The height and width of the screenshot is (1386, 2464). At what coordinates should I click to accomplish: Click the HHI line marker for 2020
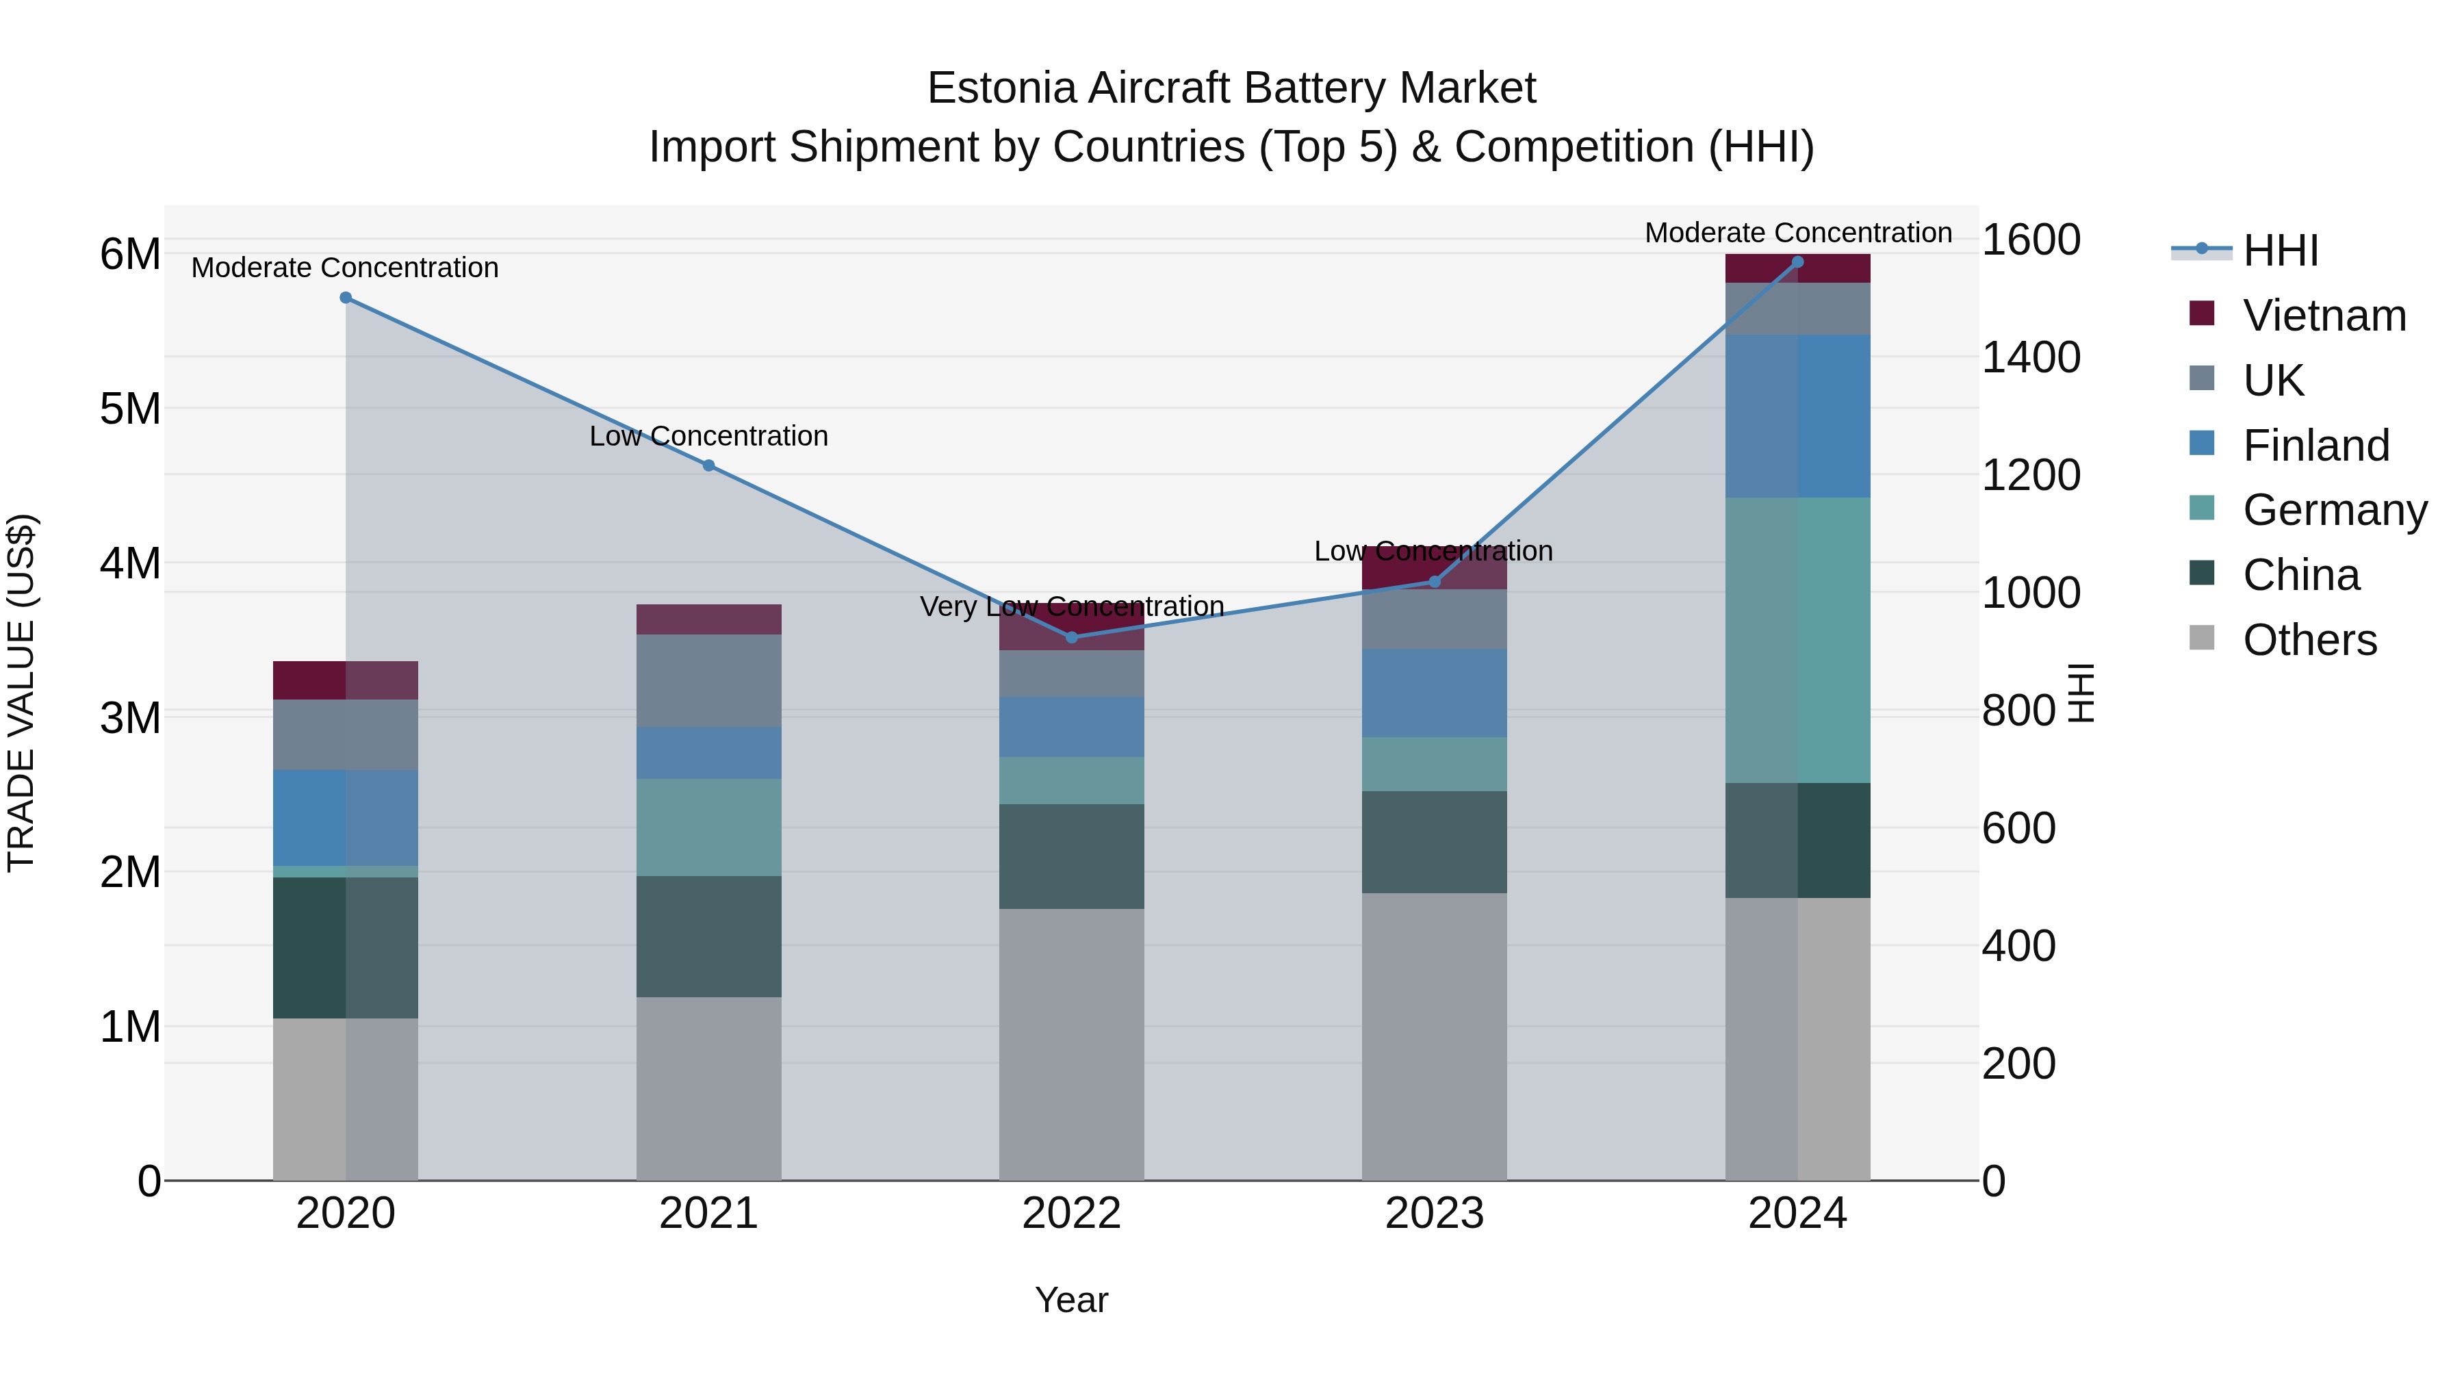346,298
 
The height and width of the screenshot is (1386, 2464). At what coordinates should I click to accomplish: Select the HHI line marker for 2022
1071,637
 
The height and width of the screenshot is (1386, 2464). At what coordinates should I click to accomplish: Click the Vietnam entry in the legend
2324,316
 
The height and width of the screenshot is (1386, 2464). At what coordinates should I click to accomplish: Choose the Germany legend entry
2334,510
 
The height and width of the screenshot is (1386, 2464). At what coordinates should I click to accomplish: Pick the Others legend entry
2309,640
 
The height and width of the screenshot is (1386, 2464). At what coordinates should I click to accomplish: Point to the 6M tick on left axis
130,255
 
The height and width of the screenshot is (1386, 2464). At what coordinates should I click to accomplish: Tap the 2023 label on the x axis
1434,1214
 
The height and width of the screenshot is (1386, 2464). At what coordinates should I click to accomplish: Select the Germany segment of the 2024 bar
1797,640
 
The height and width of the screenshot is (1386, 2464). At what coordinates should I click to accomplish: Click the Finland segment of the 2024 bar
1797,416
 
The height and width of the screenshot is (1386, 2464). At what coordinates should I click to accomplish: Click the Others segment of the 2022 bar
1071,1044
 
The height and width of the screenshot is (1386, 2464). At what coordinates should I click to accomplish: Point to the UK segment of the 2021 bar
709,680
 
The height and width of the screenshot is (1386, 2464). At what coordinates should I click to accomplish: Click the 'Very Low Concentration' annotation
1071,606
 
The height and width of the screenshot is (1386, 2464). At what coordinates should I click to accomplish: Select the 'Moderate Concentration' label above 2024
1797,233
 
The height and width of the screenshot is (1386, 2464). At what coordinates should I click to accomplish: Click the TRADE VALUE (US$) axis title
21,693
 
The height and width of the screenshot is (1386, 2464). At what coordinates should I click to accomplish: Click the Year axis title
1071,1300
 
